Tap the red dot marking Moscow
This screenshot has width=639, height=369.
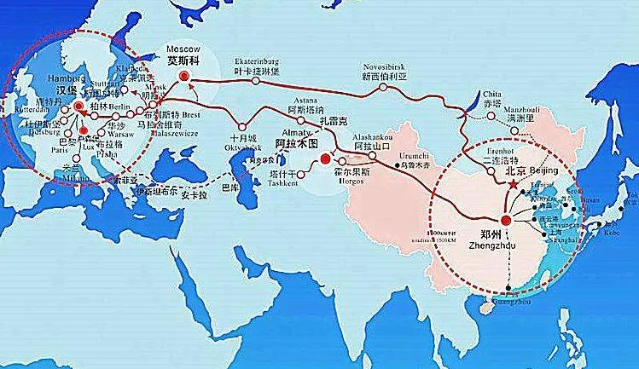click(x=185, y=76)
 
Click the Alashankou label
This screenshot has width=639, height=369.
click(x=371, y=137)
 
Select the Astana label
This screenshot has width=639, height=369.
click(x=300, y=101)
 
